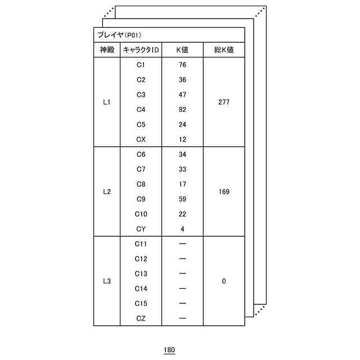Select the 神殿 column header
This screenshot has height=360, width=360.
tap(107, 50)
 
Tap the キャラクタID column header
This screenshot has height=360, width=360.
tap(141, 50)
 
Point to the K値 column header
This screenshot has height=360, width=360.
tap(182, 50)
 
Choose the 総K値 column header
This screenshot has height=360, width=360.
tap(224, 50)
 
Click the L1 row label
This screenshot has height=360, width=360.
tap(107, 102)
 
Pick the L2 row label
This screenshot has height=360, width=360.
tap(107, 192)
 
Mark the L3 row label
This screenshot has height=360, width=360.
tap(107, 281)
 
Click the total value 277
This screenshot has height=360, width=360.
tap(224, 102)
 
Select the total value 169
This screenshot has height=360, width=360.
tap(224, 192)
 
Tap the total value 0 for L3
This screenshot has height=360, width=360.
tap(224, 281)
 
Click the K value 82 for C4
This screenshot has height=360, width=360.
tap(182, 110)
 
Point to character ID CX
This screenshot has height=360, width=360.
tap(141, 139)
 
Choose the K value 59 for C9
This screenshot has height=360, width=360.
tap(182, 199)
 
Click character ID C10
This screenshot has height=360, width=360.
tap(141, 214)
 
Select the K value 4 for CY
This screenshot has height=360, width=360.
tap(182, 229)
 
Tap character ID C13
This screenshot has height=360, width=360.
tap(141, 274)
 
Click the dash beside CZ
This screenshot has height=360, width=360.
tap(182, 318)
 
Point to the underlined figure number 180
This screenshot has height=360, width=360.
tap(169, 350)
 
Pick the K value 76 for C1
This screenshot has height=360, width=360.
tap(182, 65)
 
